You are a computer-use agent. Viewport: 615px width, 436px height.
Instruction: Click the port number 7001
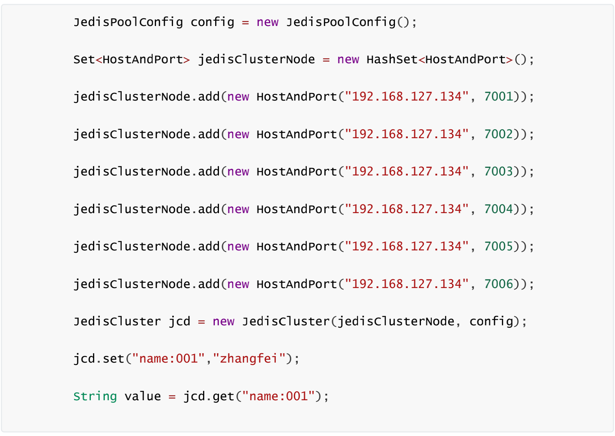499,97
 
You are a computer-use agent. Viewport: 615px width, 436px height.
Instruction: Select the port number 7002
499,134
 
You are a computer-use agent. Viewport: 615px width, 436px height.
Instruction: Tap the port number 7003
499,172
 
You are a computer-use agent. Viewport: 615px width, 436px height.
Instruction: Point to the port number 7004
499,209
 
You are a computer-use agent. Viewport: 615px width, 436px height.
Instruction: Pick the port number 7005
499,247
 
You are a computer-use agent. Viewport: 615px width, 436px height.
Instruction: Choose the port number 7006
499,284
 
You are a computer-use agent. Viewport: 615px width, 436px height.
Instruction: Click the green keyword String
95,396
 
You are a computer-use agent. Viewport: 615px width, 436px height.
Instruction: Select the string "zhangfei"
249,359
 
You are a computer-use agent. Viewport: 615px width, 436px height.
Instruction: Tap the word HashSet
392,59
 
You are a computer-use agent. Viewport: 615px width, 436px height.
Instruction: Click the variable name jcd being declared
179,322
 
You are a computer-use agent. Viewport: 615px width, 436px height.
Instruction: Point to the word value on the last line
142,396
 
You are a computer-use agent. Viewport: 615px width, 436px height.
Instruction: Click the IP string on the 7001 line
407,97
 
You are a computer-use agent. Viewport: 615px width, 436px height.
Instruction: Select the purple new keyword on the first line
267,22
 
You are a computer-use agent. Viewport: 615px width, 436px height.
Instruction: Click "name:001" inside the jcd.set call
168,359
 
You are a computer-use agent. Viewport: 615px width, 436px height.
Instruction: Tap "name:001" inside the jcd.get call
278,396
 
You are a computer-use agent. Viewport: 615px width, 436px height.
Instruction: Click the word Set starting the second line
84,59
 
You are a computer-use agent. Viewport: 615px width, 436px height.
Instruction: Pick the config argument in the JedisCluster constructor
491,322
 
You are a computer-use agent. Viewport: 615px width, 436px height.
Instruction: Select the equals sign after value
172,396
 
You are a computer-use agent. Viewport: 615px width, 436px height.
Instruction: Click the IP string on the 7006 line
407,284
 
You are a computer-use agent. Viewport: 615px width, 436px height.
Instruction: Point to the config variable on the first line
212,22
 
